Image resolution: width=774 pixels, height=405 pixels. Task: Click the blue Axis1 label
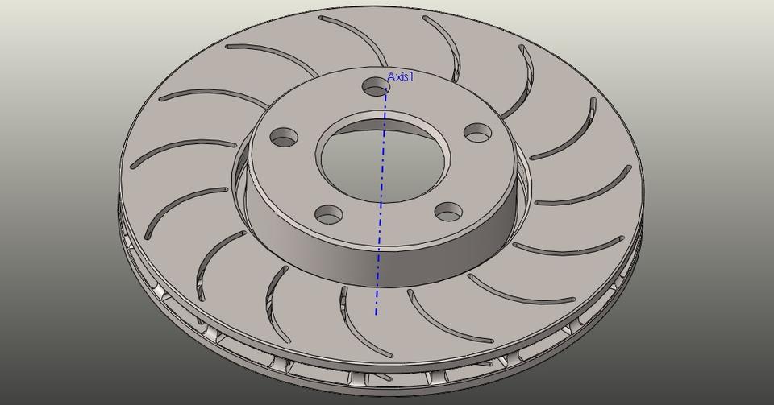point(401,76)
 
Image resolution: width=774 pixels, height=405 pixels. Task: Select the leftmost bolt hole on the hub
point(284,138)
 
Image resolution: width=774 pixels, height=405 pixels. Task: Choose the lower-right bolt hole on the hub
point(447,211)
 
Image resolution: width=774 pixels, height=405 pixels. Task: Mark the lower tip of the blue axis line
point(376,313)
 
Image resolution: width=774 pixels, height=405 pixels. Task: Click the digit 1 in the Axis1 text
point(411,76)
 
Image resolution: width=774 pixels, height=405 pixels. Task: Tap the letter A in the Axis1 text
point(391,76)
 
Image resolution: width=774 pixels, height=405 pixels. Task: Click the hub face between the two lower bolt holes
point(387,225)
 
